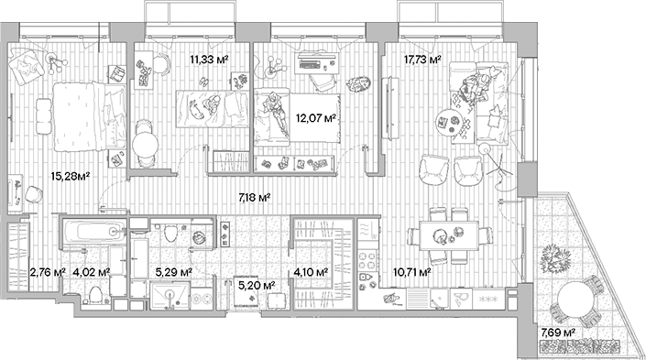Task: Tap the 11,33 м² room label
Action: [x=209, y=61]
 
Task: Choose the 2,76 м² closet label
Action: [x=47, y=272]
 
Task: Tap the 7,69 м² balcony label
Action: [x=557, y=333]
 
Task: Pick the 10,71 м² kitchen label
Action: [x=412, y=272]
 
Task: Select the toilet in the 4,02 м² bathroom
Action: [x=94, y=292]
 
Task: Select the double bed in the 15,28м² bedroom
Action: [x=86, y=116]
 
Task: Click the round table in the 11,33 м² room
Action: [x=143, y=144]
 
